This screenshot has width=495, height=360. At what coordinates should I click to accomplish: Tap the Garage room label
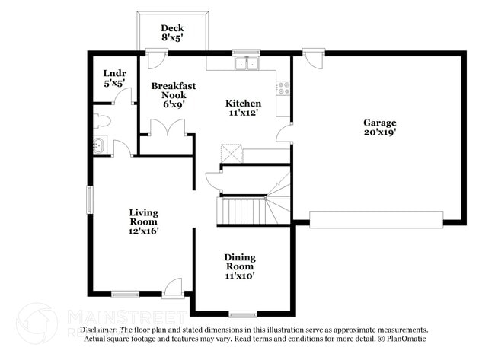tap(378, 123)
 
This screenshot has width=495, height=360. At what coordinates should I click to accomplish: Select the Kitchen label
tap(243, 104)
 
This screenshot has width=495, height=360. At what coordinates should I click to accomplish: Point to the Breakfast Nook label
tap(173, 91)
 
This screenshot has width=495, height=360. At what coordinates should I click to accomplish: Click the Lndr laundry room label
tap(114, 74)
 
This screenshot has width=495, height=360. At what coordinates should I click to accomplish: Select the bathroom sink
tap(100, 146)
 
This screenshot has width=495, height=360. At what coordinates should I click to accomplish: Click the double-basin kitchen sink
tap(246, 64)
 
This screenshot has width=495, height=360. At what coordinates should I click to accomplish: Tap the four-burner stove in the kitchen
tap(283, 88)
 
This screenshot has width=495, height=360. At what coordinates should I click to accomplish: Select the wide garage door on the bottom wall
tap(376, 220)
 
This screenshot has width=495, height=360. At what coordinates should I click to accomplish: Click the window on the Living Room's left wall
tap(90, 199)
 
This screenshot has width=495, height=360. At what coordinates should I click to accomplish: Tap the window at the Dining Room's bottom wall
tap(243, 313)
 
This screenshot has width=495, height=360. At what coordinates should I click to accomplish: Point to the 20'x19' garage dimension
tap(378, 132)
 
